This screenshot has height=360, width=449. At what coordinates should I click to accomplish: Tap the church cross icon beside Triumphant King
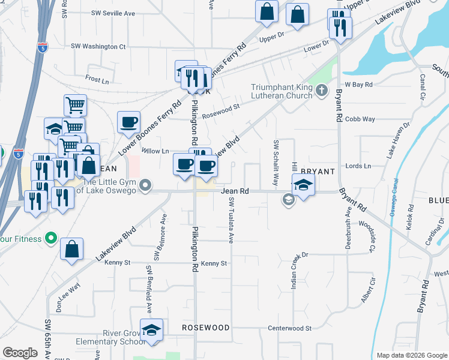point(322,91)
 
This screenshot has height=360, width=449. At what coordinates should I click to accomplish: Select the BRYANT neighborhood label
point(313,172)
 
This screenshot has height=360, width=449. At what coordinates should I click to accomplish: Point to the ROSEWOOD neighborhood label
point(206,328)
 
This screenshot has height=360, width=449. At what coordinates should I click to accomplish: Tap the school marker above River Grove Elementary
point(151,330)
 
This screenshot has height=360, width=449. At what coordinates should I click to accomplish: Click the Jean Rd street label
point(235,191)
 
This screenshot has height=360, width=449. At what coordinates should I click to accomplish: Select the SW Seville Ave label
point(113,13)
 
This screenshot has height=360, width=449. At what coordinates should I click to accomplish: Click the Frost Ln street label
point(97,79)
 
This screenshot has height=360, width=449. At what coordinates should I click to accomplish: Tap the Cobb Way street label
point(360,119)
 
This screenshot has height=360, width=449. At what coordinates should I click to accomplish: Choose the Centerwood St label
point(289,328)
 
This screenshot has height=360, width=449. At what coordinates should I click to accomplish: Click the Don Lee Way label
point(68,287)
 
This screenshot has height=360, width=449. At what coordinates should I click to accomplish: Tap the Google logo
point(20,353)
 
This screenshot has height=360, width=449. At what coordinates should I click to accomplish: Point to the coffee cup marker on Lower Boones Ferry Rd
point(129,122)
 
